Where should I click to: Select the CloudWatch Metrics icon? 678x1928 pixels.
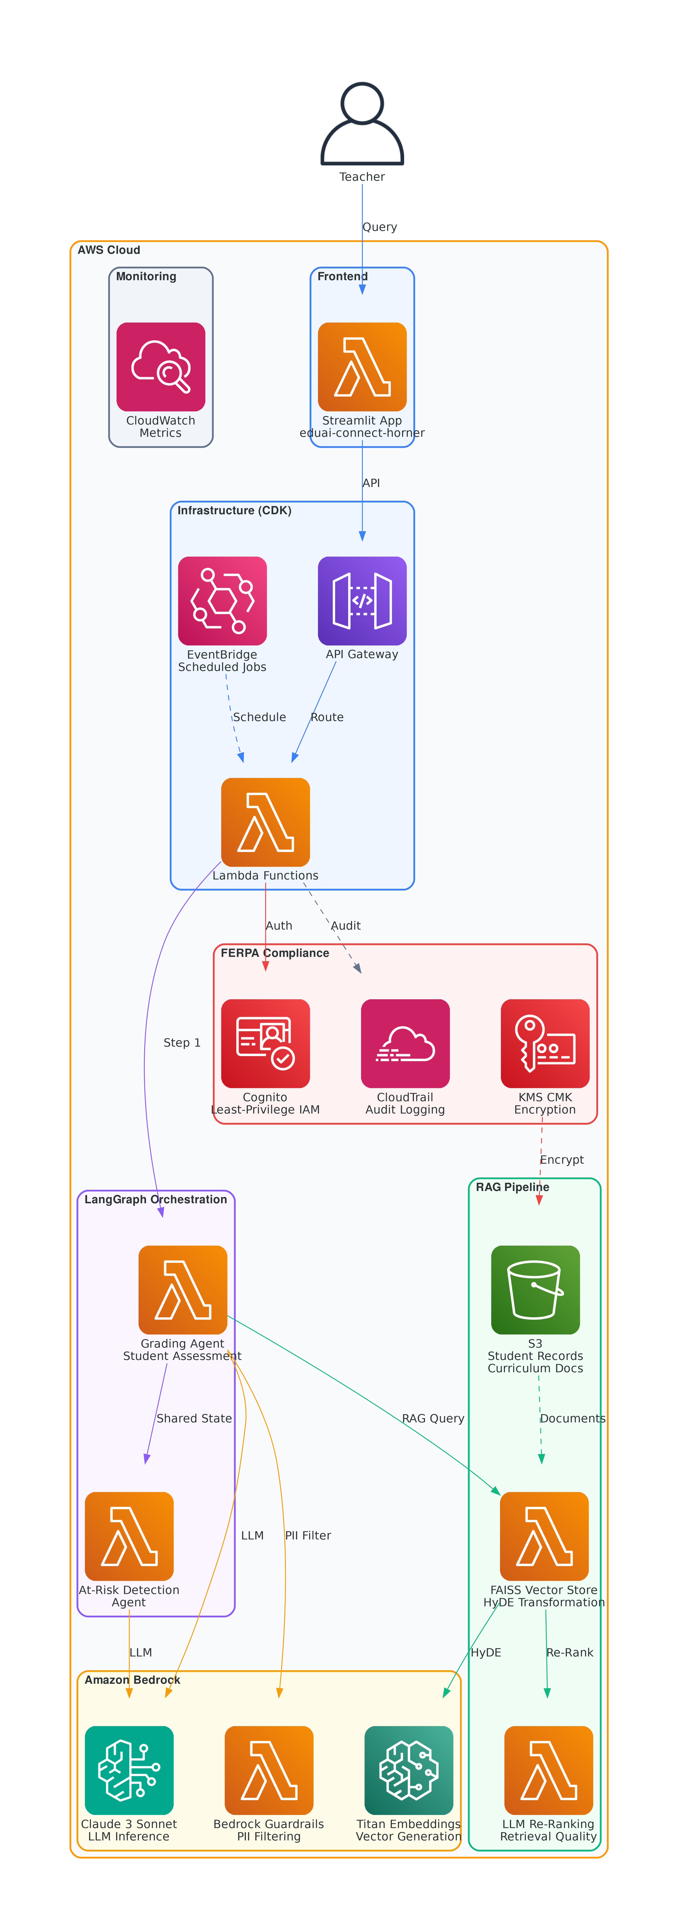point(161,367)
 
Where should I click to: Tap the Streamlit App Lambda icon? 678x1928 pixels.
point(362,367)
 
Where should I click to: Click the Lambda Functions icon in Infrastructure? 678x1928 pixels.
point(266,822)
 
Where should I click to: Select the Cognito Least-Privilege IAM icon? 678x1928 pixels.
point(266,1043)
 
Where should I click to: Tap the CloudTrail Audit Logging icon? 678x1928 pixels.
point(405,1043)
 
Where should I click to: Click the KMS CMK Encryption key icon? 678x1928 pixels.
point(545,1043)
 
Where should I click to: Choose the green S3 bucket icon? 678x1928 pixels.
point(535,1290)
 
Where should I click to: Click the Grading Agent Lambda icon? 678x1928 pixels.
point(183,1290)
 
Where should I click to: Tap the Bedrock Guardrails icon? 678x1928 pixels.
point(269,1770)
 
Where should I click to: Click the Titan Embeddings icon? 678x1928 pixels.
point(409,1770)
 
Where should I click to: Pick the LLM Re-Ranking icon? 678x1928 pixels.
point(549,1770)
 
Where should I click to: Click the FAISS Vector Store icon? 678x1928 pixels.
point(544,1536)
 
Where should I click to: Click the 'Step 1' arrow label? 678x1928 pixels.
point(182,1043)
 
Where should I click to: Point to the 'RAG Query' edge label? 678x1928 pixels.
point(433,1418)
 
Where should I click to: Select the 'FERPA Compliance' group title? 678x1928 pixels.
point(275,953)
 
